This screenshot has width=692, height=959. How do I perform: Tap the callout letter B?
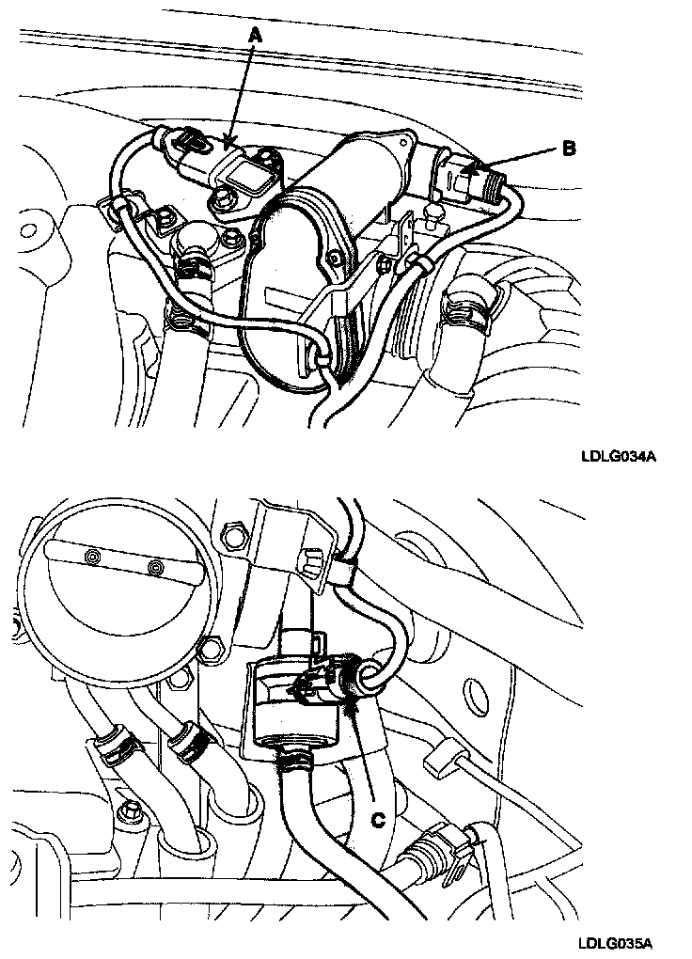click(x=570, y=148)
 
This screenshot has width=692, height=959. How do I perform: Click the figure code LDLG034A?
click(x=618, y=458)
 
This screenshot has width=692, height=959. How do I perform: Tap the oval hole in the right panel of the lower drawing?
click(x=412, y=542)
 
